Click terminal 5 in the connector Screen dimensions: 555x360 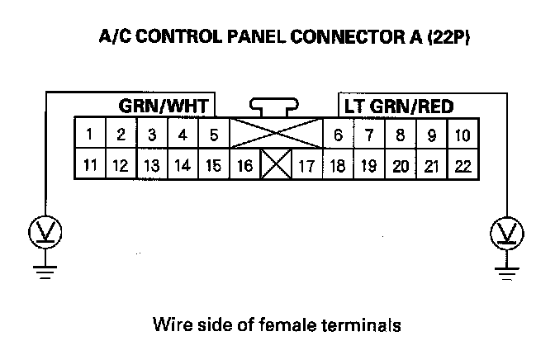[213, 134]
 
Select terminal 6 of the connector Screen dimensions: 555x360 [338, 134]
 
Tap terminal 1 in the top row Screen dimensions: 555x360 [89, 134]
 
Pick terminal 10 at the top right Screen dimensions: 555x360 [462, 134]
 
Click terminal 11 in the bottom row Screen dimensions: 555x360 [89, 165]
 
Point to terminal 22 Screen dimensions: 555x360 [462, 165]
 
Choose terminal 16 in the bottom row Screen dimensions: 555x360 [244, 165]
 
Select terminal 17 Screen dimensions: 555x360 [306, 165]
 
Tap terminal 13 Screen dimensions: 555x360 [151, 165]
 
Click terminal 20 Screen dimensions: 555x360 [400, 165]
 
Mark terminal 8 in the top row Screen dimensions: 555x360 [400, 134]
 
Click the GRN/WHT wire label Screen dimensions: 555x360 [165, 107]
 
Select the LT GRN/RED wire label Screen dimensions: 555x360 [398, 107]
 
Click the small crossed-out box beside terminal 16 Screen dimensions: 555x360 [275, 165]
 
